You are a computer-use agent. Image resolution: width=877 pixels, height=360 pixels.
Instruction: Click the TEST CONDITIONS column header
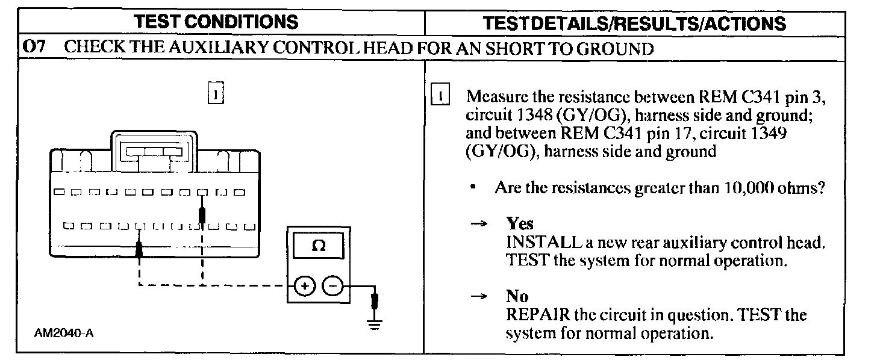click(216, 22)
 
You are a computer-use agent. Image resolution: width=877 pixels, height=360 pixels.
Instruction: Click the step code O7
click(34, 48)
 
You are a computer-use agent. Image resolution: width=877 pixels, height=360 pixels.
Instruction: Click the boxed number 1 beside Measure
click(441, 96)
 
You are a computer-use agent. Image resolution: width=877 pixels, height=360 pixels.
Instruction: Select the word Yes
click(520, 224)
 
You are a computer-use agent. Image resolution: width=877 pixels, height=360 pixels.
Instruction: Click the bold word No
click(517, 296)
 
